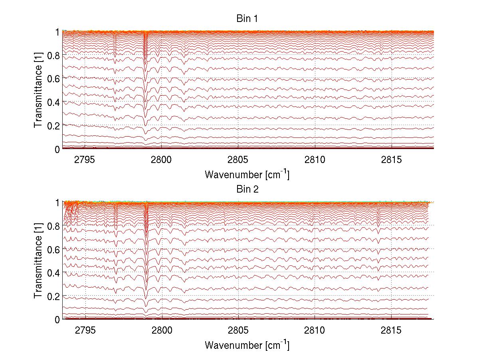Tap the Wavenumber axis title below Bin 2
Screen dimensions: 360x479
[x=247, y=344]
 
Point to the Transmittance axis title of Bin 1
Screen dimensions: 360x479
[x=38, y=90]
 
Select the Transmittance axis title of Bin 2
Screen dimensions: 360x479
[x=38, y=261]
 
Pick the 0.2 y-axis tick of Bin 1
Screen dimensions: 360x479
[x=54, y=125]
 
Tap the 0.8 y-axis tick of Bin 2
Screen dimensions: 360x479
[x=54, y=226]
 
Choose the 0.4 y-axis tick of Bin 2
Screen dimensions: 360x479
[x=54, y=273]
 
